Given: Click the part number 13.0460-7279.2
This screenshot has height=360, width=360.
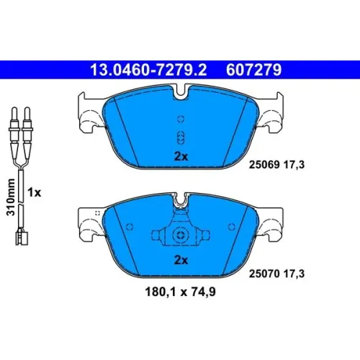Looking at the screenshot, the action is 148,70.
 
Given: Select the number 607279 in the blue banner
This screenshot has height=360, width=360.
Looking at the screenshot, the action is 253,70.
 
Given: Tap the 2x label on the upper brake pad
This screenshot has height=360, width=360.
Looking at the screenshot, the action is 181,156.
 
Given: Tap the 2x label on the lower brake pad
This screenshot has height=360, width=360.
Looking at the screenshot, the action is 181,260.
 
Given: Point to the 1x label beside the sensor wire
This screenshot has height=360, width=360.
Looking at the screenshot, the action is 35,192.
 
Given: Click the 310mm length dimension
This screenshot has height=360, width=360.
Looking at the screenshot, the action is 11,197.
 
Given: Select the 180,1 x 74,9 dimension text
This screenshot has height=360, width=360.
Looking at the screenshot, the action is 180,292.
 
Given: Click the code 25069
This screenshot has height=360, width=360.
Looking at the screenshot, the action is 264,165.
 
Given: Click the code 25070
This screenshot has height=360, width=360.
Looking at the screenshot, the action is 264,274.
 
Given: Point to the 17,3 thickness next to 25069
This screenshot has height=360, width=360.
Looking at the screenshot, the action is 294,165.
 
